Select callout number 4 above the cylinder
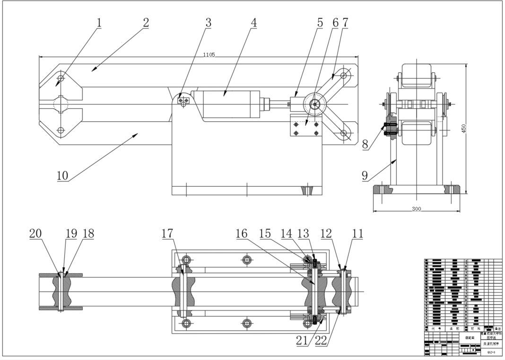point(253,22)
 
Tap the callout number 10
point(62,175)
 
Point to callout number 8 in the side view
point(365,145)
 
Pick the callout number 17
point(167,233)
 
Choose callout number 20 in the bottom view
point(35,233)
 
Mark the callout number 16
point(241,233)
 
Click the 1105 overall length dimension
point(209,54)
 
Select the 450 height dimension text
point(464,129)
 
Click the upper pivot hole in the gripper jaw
point(61,77)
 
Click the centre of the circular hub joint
point(315,104)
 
